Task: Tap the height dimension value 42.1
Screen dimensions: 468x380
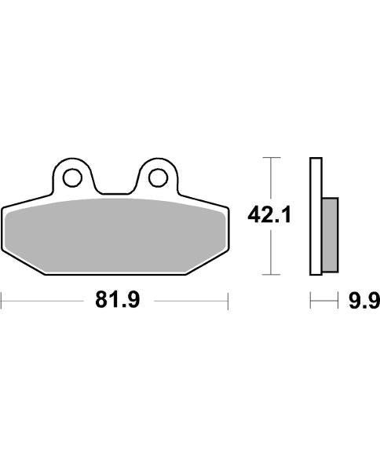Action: tap(270, 214)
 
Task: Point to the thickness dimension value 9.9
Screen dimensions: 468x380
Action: tap(364, 301)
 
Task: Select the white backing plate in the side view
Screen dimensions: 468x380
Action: tap(316, 216)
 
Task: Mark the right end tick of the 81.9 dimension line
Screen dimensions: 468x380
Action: tap(228, 301)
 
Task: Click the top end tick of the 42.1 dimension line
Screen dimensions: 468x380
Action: tap(270, 158)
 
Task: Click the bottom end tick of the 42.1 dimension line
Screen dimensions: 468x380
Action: tap(270, 274)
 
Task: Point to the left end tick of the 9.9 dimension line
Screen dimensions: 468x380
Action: tap(311, 301)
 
